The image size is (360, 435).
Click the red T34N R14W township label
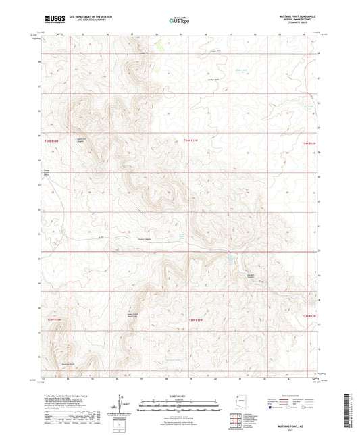(53, 141)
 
